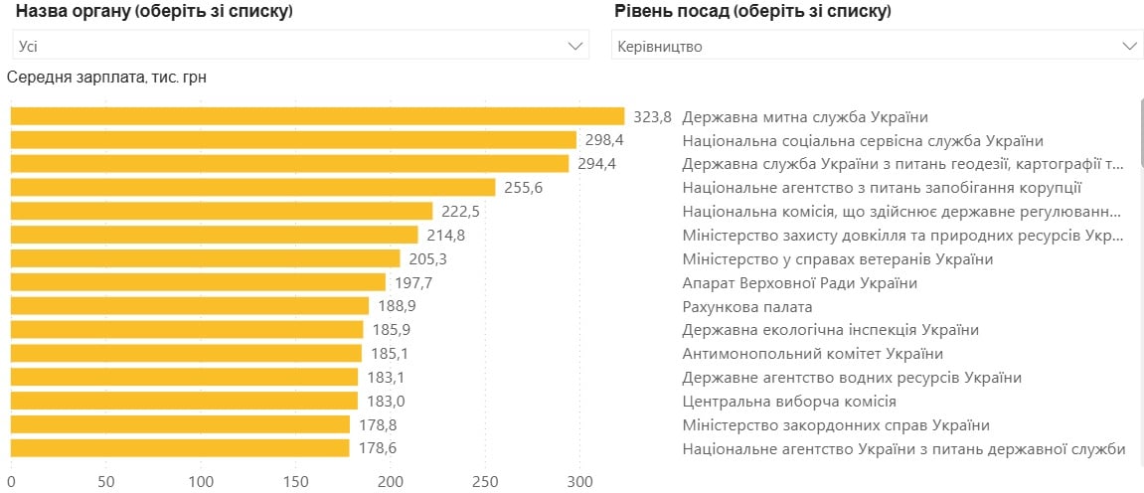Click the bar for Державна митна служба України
tap(317, 116)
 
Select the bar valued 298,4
tap(293, 140)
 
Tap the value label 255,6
tap(524, 188)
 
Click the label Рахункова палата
tap(747, 307)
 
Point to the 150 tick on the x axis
tap(296, 482)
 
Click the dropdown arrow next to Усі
tap(575, 46)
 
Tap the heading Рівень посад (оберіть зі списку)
tap(753, 12)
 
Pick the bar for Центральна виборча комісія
tap(184, 402)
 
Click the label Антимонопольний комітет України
tap(812, 354)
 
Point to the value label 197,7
tap(413, 283)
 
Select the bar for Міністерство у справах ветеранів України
tap(206, 258)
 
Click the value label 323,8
tap(653, 116)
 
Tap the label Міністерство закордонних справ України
tap(836, 425)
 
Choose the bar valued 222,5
tap(222, 212)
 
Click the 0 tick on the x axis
tap(11, 482)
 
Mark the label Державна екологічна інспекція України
tap(830, 330)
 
